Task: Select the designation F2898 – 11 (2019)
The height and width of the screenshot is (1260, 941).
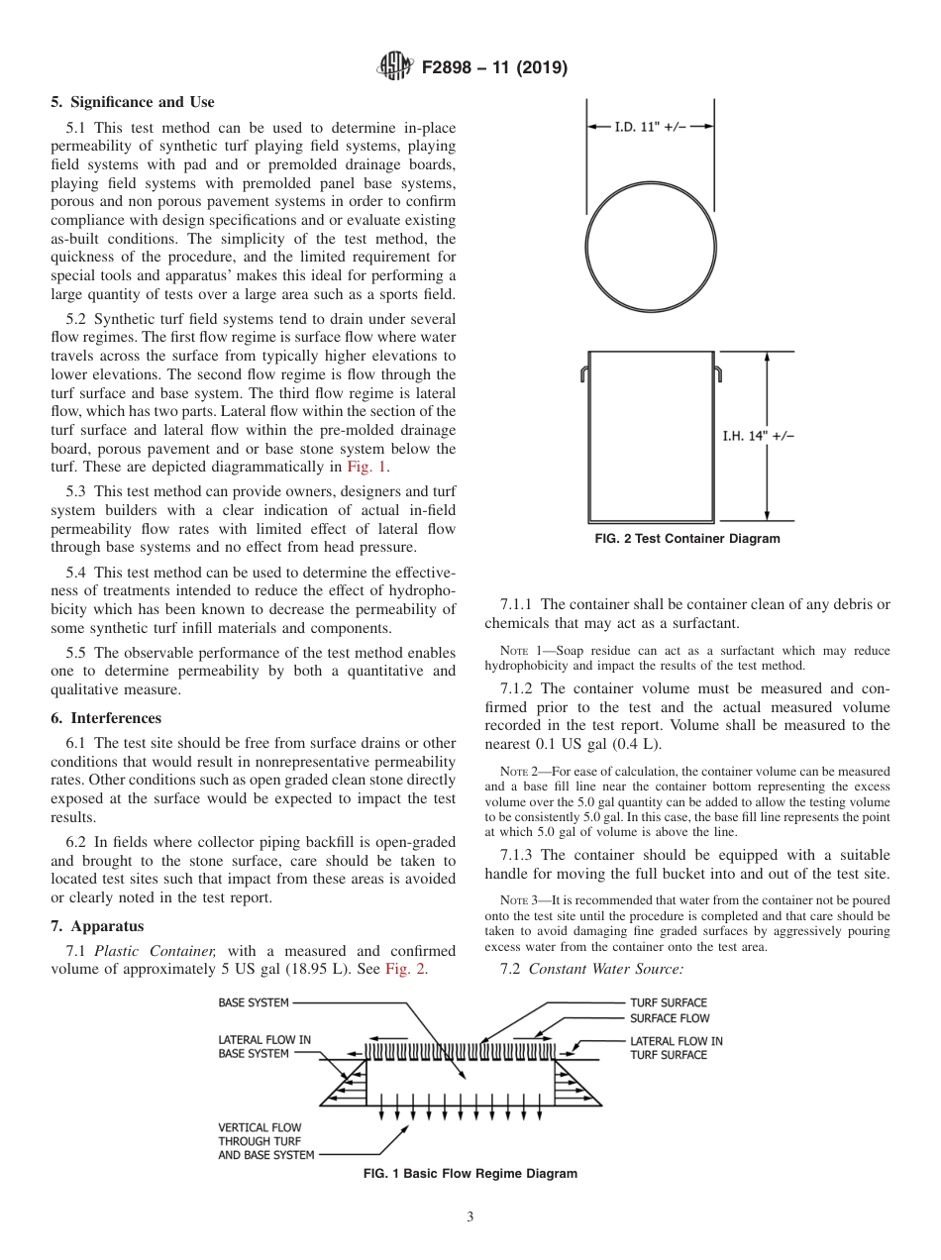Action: point(494,68)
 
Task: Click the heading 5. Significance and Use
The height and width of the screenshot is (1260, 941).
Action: point(132,102)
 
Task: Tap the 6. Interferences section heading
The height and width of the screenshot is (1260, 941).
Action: point(106,718)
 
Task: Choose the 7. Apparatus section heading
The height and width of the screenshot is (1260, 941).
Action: point(97,926)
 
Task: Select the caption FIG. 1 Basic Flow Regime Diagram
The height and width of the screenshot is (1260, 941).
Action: point(470,1174)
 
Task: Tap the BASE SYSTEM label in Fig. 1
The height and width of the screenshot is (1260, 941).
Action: point(254,1002)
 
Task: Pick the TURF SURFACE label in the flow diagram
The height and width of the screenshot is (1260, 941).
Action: point(669,1002)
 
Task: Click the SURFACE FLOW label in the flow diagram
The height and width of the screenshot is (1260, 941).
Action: point(670,1018)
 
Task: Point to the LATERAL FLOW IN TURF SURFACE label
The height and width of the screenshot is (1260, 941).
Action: point(677,1048)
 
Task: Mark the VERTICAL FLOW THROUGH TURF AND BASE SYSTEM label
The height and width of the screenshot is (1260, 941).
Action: point(265,1141)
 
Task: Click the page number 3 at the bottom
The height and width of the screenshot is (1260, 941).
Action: point(470,1217)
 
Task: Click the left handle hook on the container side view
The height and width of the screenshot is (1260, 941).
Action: point(584,373)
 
